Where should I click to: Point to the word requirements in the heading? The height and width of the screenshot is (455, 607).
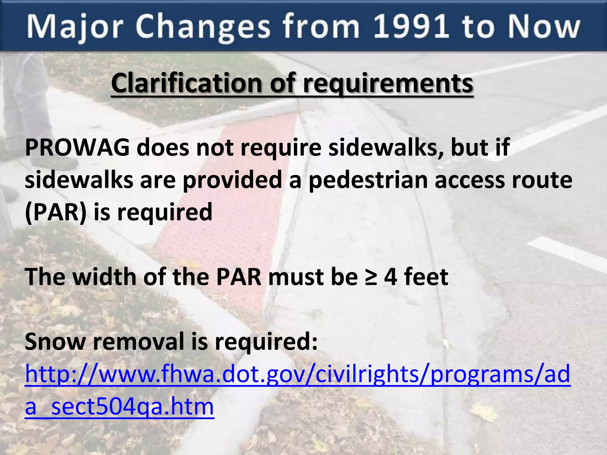click(x=388, y=84)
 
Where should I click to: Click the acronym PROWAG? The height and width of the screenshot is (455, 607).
click(x=77, y=147)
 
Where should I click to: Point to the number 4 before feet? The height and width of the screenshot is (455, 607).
click(x=391, y=277)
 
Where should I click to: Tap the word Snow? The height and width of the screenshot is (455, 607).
click(x=55, y=341)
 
